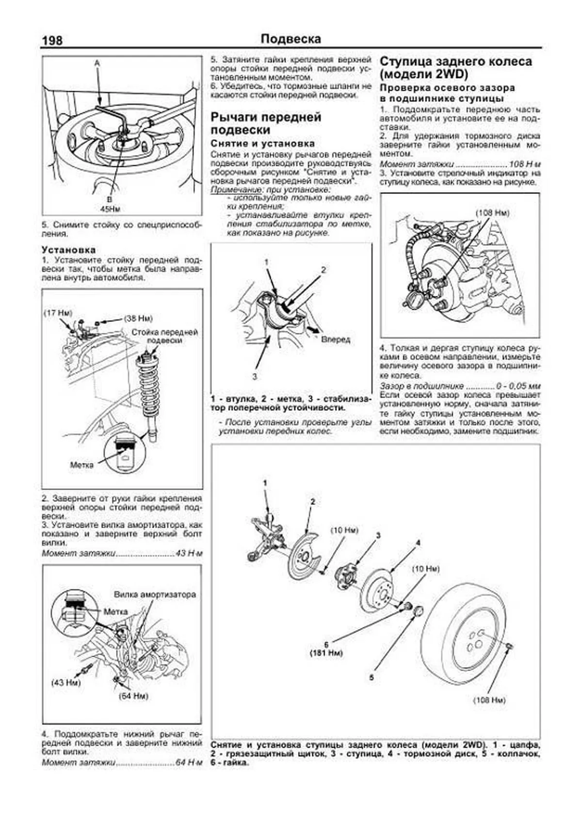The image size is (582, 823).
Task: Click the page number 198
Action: coord(52,40)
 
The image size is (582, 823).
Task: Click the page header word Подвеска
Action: coord(291,39)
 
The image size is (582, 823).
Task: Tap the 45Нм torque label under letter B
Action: coord(110,209)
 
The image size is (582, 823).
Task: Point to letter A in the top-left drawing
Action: coord(97,63)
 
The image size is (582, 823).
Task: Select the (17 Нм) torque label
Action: coord(58,313)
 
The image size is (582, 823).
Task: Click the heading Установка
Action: coord(68,250)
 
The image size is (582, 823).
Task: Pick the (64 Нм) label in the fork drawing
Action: coord(133,696)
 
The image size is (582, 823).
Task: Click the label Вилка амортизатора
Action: coord(155,594)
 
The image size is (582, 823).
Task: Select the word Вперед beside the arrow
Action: coord(335,339)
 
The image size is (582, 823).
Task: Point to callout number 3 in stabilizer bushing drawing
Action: coord(254,376)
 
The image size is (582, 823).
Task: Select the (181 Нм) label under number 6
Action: coord(326,653)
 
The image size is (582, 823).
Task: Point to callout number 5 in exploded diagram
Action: coord(372,677)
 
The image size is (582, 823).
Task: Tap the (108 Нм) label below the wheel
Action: coord(489,700)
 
